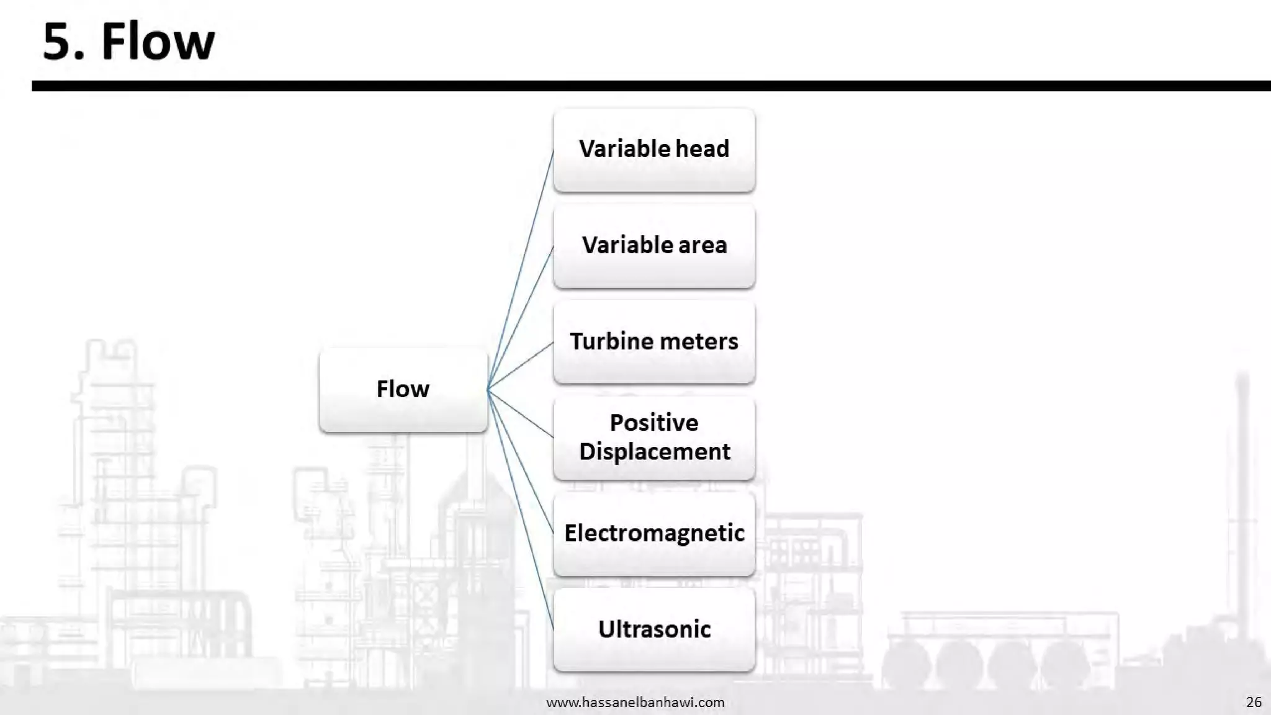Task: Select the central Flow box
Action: coord(403,389)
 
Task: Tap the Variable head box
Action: coord(654,150)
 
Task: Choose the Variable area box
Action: coord(654,246)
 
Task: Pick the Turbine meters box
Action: coord(654,342)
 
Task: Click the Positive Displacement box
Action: coord(654,438)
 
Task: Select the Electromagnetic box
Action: coord(654,534)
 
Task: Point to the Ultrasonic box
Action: coord(654,629)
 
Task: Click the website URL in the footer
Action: coord(635,702)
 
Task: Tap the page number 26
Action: coord(1254,702)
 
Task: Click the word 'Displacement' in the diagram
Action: coord(654,452)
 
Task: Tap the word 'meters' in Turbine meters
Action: coord(704,342)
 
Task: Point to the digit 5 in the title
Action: coord(56,42)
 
